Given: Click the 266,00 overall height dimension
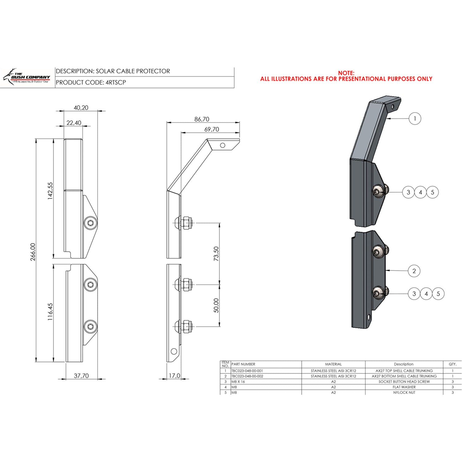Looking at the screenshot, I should tap(33, 252).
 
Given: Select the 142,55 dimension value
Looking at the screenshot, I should tap(50, 191).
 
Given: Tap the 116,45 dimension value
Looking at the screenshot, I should tap(50, 311).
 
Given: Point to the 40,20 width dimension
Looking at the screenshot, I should tap(81, 108).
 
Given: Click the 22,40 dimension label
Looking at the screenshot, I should tap(74, 123).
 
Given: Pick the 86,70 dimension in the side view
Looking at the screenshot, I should tap(202, 119).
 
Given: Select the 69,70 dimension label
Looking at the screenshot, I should tap(212, 129).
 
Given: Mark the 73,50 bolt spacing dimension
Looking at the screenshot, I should tap(216, 253).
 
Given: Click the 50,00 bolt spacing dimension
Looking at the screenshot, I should tap(216, 305).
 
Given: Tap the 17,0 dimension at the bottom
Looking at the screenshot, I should tap(174, 376).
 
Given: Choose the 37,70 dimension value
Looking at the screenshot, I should tap(81, 376).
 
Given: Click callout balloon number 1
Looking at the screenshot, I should tap(415, 119).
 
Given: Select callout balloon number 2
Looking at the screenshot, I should tap(414, 271).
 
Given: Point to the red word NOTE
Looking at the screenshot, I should tap(346, 73).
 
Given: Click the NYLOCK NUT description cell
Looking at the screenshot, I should tap(404, 392).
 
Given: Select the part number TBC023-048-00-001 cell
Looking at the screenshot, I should tap(247, 371).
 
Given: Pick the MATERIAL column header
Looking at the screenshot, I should tap(333, 364).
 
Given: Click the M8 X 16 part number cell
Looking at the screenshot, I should tap(238, 382).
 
